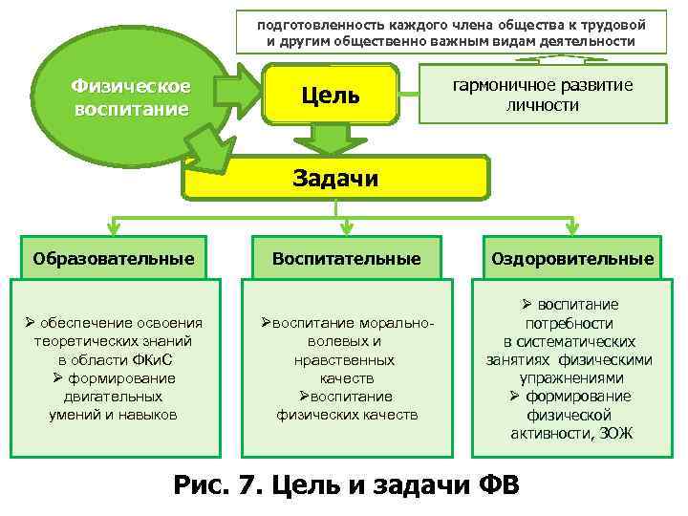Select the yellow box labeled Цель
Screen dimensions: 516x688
(x=330, y=95)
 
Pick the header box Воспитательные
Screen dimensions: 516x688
(x=346, y=258)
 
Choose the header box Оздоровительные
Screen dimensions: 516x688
(x=572, y=258)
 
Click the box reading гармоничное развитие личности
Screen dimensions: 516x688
(x=542, y=95)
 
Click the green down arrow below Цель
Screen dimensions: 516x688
(x=331, y=140)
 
